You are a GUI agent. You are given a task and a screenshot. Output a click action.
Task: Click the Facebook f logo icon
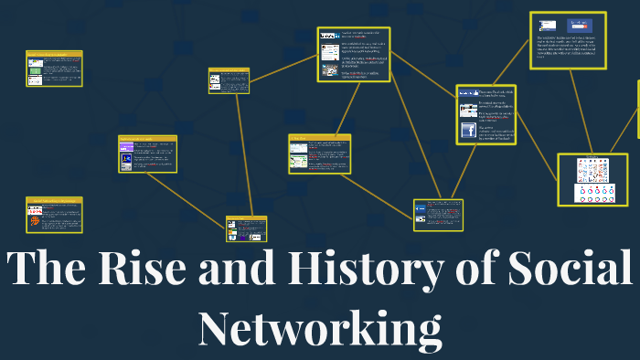tap(468, 131)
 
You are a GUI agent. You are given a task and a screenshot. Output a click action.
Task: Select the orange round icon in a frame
tap(34, 221)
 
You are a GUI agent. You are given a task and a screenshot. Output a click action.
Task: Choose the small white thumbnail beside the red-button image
tap(547, 26)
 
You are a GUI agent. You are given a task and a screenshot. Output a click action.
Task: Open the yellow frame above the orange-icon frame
tap(54, 69)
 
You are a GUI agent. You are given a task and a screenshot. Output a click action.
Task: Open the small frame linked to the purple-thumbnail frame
tap(246, 228)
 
